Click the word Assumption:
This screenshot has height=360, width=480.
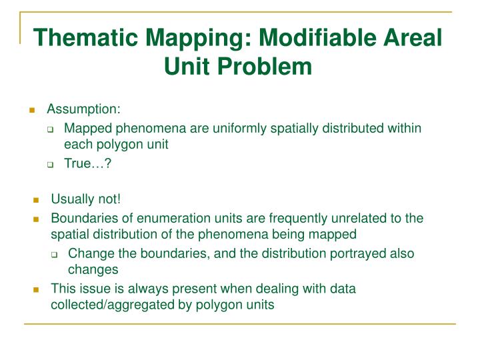click(83, 109)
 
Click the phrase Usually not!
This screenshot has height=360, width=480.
click(86, 200)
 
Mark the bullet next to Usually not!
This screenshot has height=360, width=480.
click(36, 201)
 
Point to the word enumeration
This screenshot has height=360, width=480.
click(161, 218)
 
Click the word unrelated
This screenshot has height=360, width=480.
click(331, 218)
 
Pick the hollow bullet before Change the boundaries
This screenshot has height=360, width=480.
click(55, 255)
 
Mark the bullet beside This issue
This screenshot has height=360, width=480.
click(36, 290)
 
